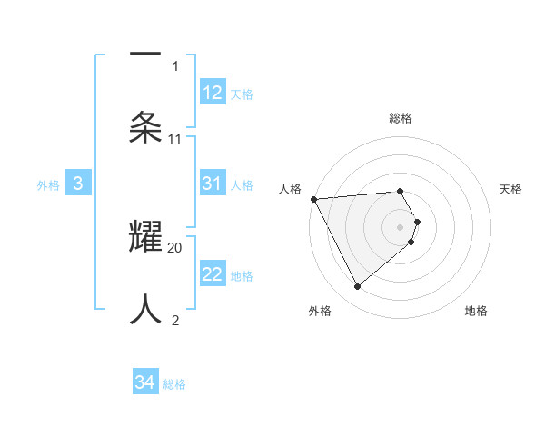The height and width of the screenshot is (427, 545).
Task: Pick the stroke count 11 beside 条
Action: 175,139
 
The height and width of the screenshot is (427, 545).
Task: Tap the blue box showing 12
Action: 213,93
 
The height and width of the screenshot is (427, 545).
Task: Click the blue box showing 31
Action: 213,184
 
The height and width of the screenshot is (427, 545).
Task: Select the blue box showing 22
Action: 213,274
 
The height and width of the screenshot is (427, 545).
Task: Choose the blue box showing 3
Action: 78,184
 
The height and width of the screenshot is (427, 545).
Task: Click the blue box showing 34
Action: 145,382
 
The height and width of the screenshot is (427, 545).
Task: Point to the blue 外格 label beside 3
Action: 48,185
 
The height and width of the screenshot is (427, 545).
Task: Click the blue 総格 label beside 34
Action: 174,384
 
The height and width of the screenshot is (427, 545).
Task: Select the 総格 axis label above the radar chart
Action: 401,118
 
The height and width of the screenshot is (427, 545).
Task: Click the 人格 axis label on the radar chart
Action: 291,189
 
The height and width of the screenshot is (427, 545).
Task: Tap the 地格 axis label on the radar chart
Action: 476,311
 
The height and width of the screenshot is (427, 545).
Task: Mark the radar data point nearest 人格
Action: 313,199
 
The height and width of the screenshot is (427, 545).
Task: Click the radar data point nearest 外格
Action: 358,287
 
